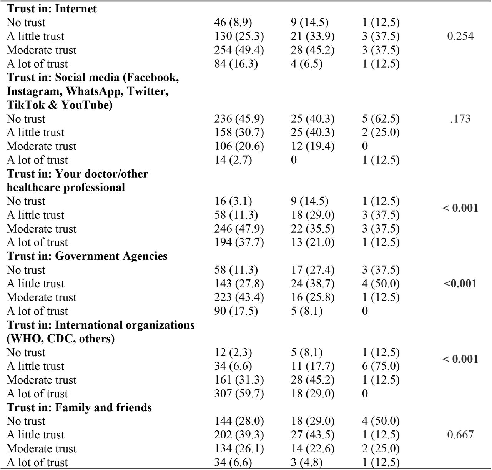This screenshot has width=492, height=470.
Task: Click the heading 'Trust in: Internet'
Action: click(x=52, y=9)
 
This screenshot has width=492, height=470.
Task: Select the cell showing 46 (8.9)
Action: click(x=233, y=23)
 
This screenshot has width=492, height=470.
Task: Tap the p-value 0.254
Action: click(x=460, y=36)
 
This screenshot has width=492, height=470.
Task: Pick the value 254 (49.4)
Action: click(x=239, y=50)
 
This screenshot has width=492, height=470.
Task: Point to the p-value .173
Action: click(x=460, y=119)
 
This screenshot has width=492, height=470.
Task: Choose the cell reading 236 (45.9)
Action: click(x=239, y=119)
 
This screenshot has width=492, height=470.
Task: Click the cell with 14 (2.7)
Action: click(x=233, y=160)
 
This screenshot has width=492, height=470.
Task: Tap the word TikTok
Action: click(x=25, y=105)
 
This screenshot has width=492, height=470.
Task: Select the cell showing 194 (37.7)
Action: click(x=239, y=242)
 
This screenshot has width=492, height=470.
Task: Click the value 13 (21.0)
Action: click(x=312, y=242)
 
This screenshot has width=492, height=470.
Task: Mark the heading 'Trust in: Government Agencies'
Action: click(x=87, y=256)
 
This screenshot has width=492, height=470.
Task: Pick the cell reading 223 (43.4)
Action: click(x=239, y=297)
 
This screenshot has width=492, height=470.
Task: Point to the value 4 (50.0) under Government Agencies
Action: click(x=381, y=284)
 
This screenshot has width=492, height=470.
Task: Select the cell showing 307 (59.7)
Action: click(x=239, y=394)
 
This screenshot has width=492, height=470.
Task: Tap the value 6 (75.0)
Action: click(x=381, y=366)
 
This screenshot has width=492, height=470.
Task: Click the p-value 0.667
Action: click(x=460, y=435)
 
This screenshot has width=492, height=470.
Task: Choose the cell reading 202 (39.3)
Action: click(x=239, y=435)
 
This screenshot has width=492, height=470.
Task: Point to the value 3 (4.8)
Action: click(x=306, y=462)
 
